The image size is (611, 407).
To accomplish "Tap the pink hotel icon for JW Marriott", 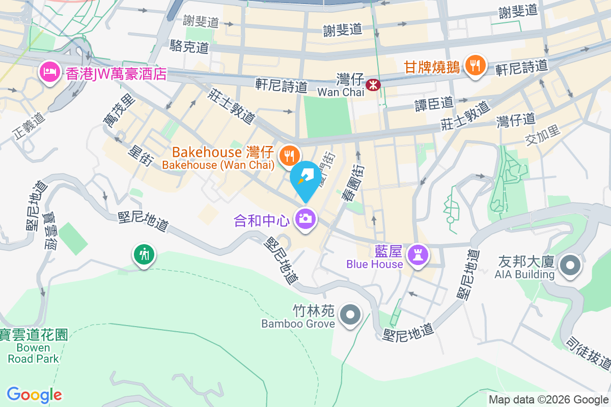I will tap(49, 72).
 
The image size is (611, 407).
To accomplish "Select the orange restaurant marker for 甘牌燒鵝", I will tap(475, 65).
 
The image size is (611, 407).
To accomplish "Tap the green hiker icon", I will tap(144, 253).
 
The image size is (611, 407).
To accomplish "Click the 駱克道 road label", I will tap(189, 47).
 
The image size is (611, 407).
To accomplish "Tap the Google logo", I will tap(34, 395).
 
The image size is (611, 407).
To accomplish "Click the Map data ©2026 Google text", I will tap(548, 400).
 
